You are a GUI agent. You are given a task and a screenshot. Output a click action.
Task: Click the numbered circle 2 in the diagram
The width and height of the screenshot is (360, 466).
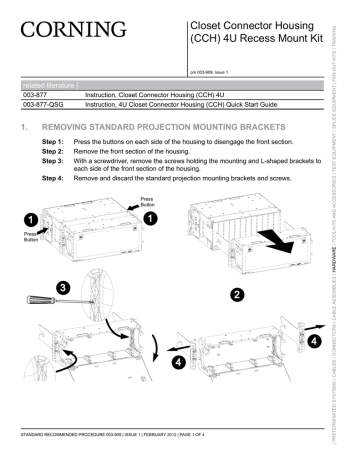[236, 294]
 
